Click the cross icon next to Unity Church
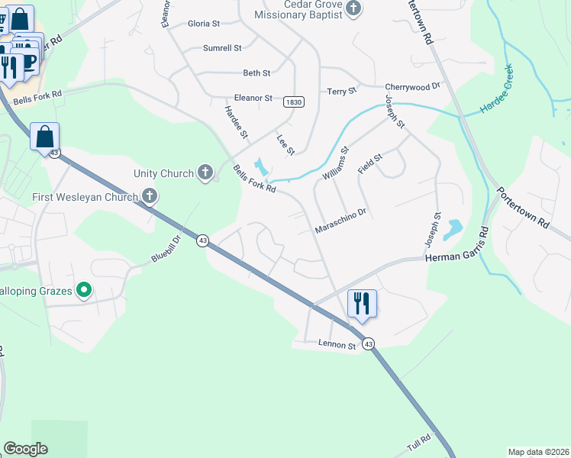(205, 173)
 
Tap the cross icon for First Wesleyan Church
(150, 197)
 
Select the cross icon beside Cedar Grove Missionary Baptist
(353, 8)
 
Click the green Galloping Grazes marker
(85, 290)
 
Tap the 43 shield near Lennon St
(369, 344)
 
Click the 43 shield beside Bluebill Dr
(202, 240)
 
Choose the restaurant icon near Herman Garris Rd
(361, 303)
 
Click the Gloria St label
(204, 24)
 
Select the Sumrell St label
(222, 48)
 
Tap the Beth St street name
(256, 73)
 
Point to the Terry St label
(342, 92)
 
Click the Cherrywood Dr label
(413, 87)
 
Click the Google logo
(25, 449)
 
